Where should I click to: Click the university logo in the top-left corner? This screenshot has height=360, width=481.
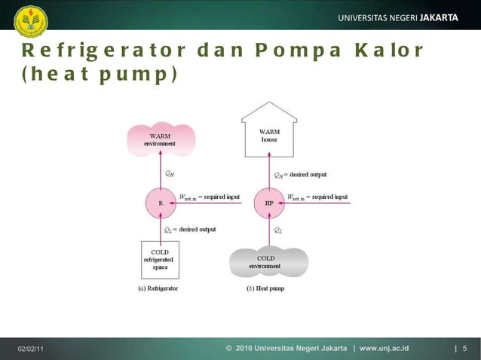click(30, 20)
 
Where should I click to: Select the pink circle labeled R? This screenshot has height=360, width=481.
click(161, 203)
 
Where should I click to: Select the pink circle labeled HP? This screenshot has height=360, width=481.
click(269, 203)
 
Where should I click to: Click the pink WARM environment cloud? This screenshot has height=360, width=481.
click(161, 139)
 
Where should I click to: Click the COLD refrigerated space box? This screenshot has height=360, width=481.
click(161, 260)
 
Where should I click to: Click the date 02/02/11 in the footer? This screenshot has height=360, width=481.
click(31, 349)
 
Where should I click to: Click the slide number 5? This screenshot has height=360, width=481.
click(465, 349)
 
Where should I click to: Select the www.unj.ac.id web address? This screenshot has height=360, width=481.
click(384, 349)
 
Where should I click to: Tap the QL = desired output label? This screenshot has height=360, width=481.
click(190, 230)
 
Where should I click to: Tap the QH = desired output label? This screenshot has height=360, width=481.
click(300, 175)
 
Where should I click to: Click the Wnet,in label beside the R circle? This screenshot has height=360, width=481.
click(188, 197)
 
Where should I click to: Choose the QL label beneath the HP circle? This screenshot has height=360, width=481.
click(278, 230)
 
